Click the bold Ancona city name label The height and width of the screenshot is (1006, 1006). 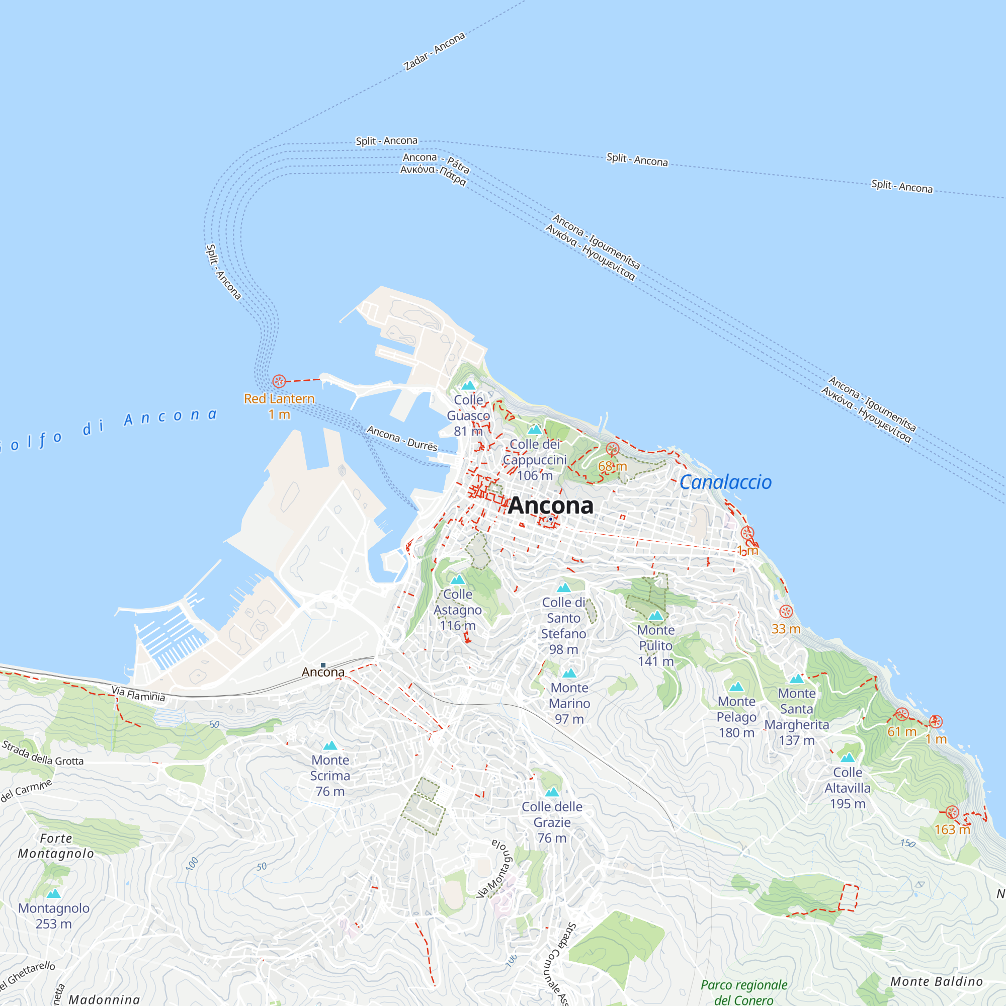click(550, 505)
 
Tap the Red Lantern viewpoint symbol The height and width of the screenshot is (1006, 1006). click(279, 381)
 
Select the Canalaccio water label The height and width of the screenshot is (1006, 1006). click(725, 482)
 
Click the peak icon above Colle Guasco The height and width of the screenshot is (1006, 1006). click(469, 385)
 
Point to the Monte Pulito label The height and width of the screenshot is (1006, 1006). click(655, 646)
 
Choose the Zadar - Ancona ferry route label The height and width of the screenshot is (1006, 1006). click(434, 51)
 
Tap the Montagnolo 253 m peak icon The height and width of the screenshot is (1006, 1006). click(54, 894)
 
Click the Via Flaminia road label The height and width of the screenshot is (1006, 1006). click(138, 694)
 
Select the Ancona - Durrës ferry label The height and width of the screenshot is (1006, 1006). click(402, 438)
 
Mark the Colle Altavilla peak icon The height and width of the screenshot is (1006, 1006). click(848, 758)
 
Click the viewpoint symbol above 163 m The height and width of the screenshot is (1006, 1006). click(952, 812)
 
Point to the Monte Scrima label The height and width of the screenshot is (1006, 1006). click(330, 775)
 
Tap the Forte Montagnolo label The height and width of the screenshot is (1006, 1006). click(56, 846)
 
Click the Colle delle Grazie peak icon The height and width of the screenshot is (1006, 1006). click(552, 792)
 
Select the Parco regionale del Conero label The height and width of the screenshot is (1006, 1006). click(743, 992)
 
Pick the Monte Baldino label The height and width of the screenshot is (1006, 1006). click(936, 981)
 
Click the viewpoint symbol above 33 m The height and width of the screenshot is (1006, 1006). click(786, 612)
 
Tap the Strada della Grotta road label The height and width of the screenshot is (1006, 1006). click(43, 753)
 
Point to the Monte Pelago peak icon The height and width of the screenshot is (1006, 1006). click(736, 687)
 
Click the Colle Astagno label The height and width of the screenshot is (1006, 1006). click(458, 610)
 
